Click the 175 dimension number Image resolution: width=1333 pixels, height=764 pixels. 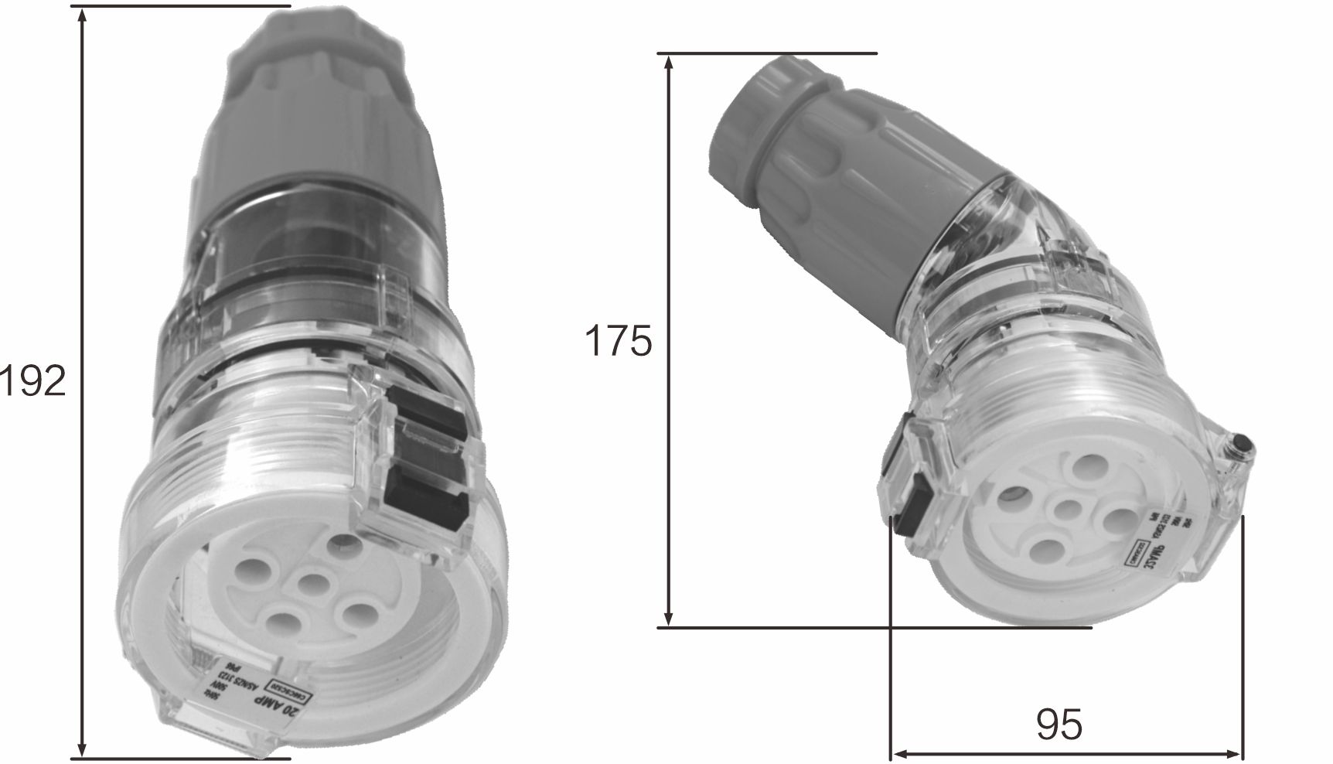point(618,341)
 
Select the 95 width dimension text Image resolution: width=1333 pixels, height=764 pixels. point(1059,725)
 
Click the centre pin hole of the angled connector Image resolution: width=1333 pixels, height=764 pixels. point(1069,511)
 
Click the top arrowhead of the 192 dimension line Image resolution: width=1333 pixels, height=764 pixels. point(82,14)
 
